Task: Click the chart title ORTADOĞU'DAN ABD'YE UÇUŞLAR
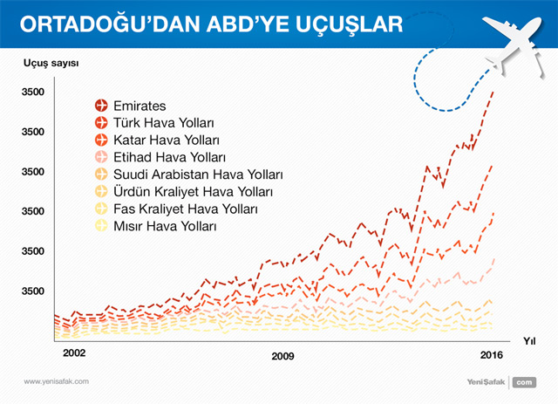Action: [x=211, y=24]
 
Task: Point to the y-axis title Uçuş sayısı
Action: [x=51, y=64]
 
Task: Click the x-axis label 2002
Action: [x=74, y=353]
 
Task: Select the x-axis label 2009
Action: [x=282, y=356]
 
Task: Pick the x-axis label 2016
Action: [x=492, y=355]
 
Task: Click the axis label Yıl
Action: [x=529, y=341]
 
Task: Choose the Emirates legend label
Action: [x=139, y=106]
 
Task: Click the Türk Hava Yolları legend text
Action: [x=164, y=123]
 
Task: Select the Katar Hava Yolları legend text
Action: [x=167, y=140]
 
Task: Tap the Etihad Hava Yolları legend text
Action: [x=169, y=157]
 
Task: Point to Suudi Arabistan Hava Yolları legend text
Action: [x=198, y=175]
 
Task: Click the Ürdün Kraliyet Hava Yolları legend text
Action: [x=193, y=191]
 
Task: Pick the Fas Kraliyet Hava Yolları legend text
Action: [x=186, y=209]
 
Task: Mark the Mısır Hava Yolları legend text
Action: [x=165, y=226]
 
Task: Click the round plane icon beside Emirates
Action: [x=101, y=106]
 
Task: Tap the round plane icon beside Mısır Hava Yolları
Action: [x=101, y=225]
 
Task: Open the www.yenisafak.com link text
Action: [x=56, y=381]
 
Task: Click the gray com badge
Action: [x=524, y=382]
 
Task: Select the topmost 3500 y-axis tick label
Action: [x=33, y=92]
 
